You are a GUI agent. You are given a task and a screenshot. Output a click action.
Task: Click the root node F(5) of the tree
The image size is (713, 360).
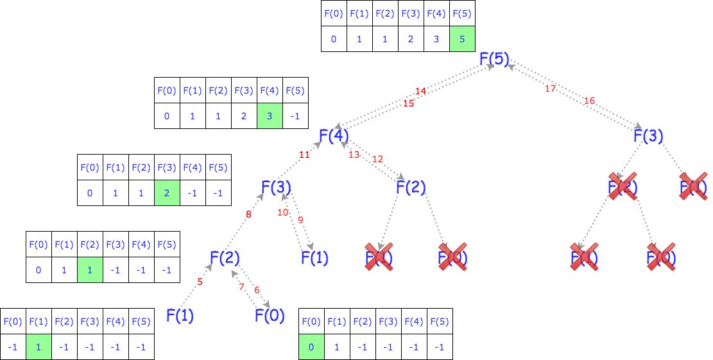pos(494,59)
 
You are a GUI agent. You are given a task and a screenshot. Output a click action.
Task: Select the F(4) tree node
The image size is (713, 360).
pos(334,135)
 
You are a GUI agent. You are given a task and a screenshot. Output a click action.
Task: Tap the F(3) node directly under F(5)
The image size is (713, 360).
pos(648,135)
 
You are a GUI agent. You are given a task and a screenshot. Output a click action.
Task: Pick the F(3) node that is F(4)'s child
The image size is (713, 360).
pos(277,187)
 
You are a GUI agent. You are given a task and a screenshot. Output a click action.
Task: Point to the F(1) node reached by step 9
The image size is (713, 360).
pos(315,258)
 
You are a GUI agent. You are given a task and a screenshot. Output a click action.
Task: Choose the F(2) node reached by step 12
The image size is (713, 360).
pos(411,187)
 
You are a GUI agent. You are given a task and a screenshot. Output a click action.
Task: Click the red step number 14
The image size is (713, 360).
pos(420,92)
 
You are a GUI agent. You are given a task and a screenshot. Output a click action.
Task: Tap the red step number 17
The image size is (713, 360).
pos(550,89)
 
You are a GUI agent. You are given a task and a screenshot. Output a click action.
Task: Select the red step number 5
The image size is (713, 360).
pos(200,281)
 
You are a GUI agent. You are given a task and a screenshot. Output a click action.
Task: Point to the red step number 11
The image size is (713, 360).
pos(304,155)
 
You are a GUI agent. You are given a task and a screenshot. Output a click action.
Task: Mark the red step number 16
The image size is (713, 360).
pos(590,100)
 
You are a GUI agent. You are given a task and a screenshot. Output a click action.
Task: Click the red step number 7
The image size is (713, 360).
pos(242,287)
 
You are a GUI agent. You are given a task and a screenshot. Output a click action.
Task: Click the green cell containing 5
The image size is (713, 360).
pos(462,39)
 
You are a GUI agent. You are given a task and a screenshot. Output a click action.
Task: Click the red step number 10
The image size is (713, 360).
pos(282,213)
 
